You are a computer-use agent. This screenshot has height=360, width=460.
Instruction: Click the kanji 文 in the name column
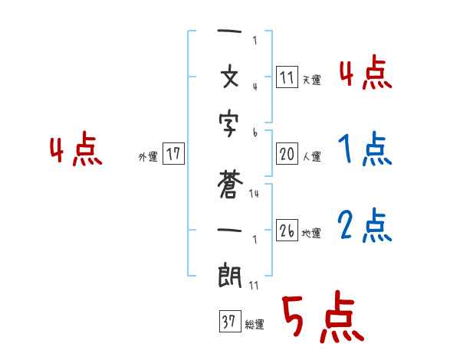click(230, 79)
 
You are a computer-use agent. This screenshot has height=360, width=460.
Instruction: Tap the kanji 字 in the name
click(230, 125)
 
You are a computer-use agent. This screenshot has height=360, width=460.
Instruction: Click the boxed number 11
click(287, 77)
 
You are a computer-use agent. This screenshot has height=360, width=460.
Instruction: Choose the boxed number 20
click(287, 154)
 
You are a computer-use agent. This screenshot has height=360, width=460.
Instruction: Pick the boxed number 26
click(287, 231)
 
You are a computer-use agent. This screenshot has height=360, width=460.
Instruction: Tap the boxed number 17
click(173, 154)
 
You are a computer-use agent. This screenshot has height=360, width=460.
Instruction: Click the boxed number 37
click(229, 322)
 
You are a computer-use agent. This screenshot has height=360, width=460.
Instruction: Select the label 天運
click(311, 80)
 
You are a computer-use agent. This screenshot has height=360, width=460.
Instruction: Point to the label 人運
click(311, 157)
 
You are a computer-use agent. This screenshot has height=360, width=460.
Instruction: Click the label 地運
click(311, 234)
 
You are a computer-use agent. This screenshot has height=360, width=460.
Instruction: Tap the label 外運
click(147, 157)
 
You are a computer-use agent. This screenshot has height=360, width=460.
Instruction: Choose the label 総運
click(255, 325)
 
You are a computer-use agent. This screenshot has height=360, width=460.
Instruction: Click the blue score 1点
click(365, 149)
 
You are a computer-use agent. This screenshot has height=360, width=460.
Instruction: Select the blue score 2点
click(365, 226)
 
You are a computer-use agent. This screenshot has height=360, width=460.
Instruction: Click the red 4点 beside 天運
click(365, 74)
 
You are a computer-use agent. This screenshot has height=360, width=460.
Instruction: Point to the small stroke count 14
click(254, 194)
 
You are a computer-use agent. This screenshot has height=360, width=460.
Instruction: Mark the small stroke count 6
click(255, 133)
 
